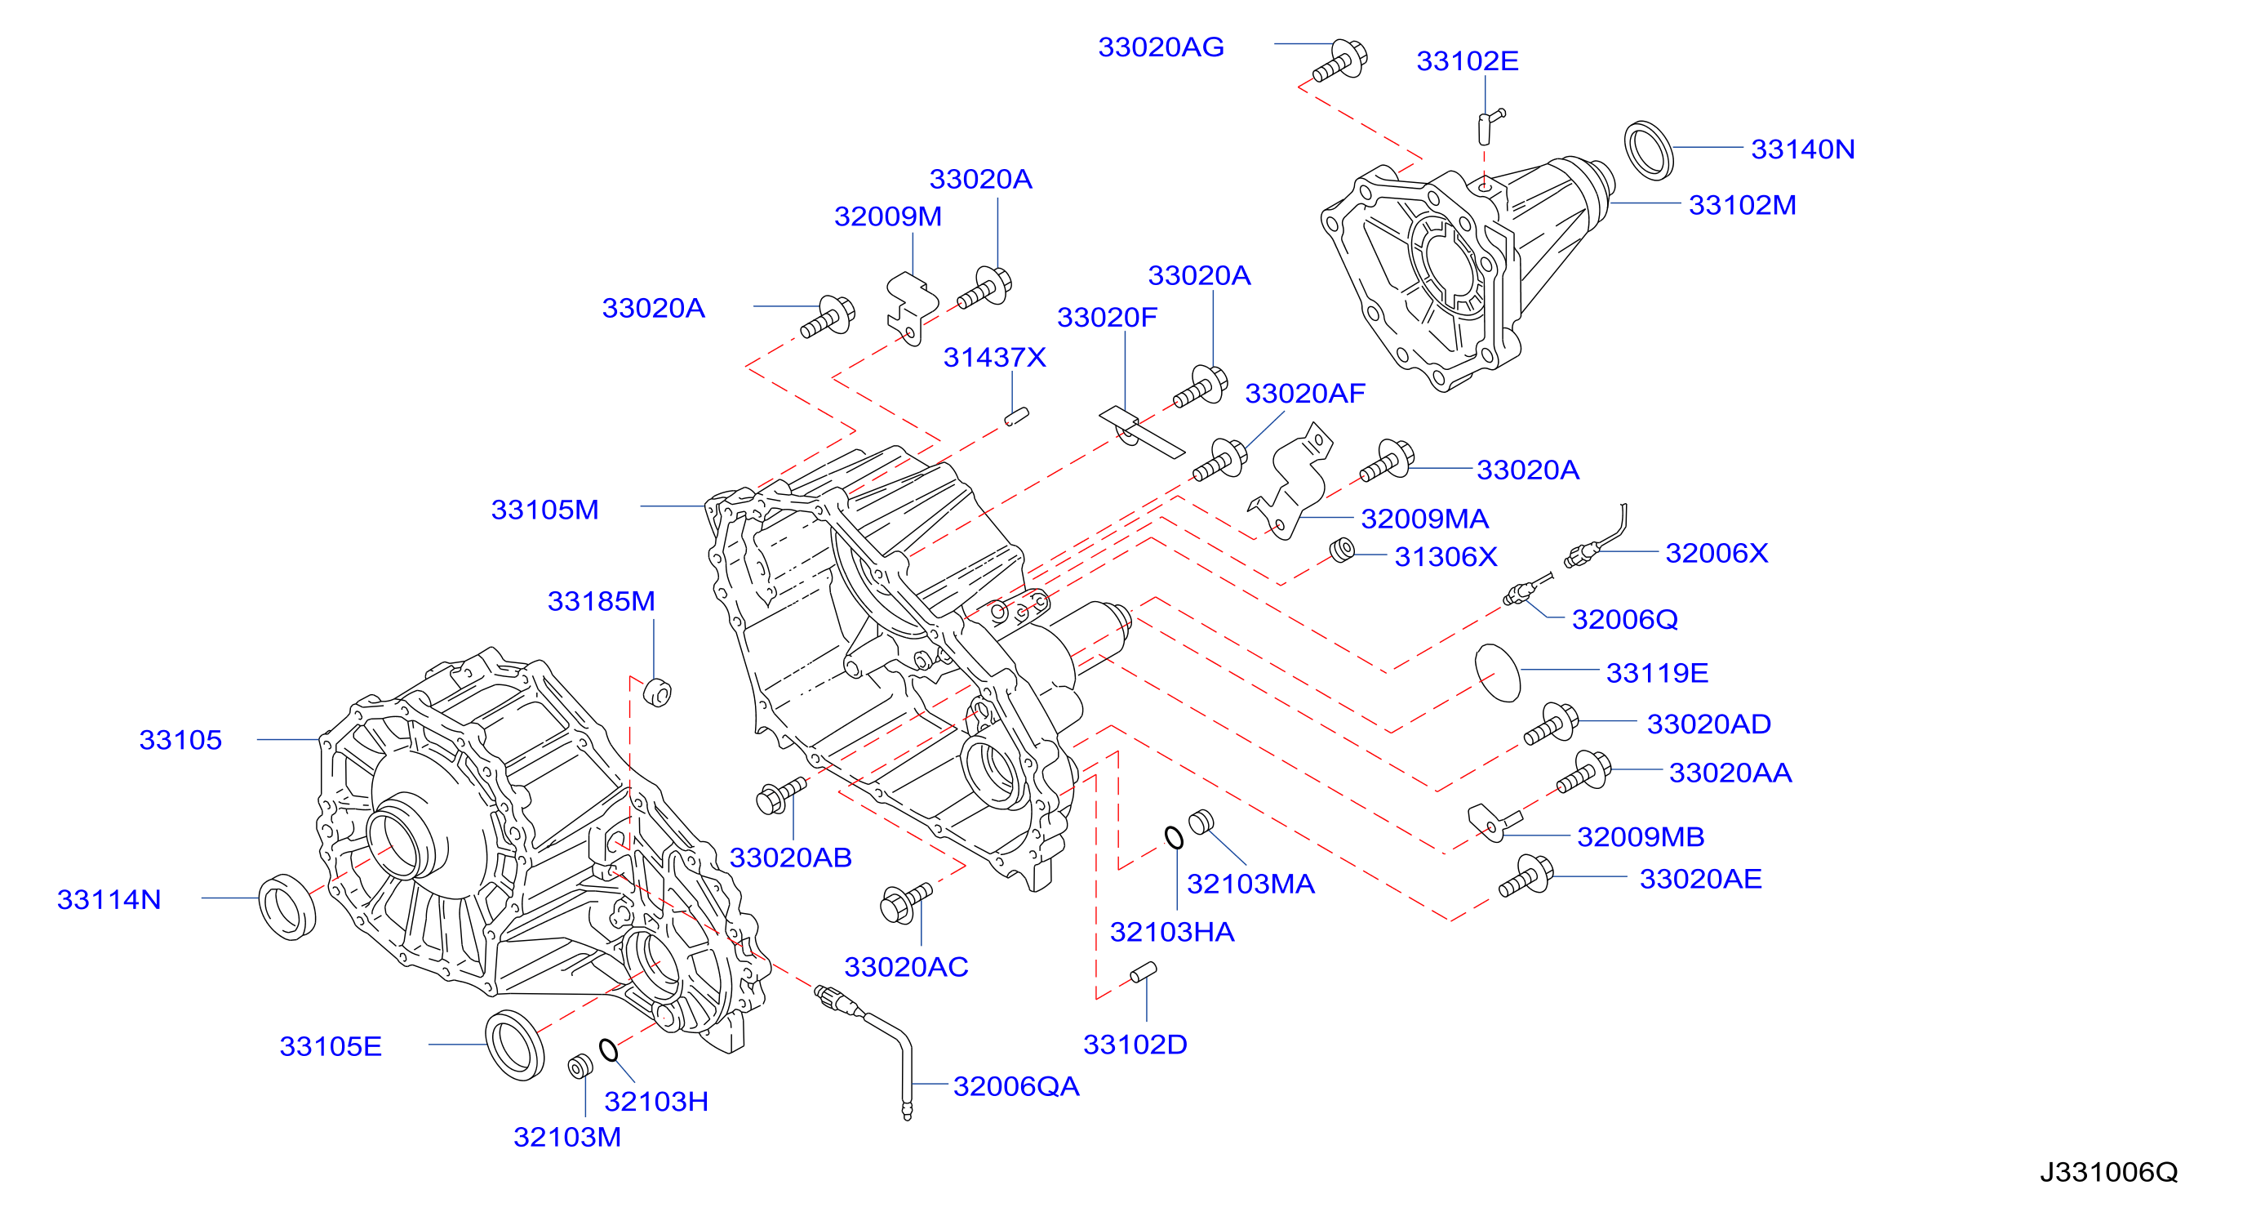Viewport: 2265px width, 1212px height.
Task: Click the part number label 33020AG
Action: click(1161, 47)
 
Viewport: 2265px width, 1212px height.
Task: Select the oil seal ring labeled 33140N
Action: click(1648, 150)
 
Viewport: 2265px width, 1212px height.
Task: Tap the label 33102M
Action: click(1742, 205)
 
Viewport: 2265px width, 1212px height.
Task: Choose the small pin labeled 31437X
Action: click(1016, 417)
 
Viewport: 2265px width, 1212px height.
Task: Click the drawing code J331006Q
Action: click(2108, 1171)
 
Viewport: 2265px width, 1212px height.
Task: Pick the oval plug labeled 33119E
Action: click(1498, 673)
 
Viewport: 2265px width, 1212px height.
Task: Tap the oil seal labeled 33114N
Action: click(286, 907)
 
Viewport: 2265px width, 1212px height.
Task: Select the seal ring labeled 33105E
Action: click(514, 1045)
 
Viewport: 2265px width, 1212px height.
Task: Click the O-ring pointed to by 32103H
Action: click(608, 1049)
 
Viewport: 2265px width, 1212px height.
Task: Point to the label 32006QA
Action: click(1015, 1086)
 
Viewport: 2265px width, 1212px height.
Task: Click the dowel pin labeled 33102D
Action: click(1143, 972)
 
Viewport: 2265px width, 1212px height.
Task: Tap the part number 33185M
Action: click(601, 602)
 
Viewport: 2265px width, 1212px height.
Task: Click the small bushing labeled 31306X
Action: click(1342, 550)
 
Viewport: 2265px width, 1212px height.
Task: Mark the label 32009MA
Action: click(1424, 519)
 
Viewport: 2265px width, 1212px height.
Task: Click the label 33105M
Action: click(544, 510)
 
